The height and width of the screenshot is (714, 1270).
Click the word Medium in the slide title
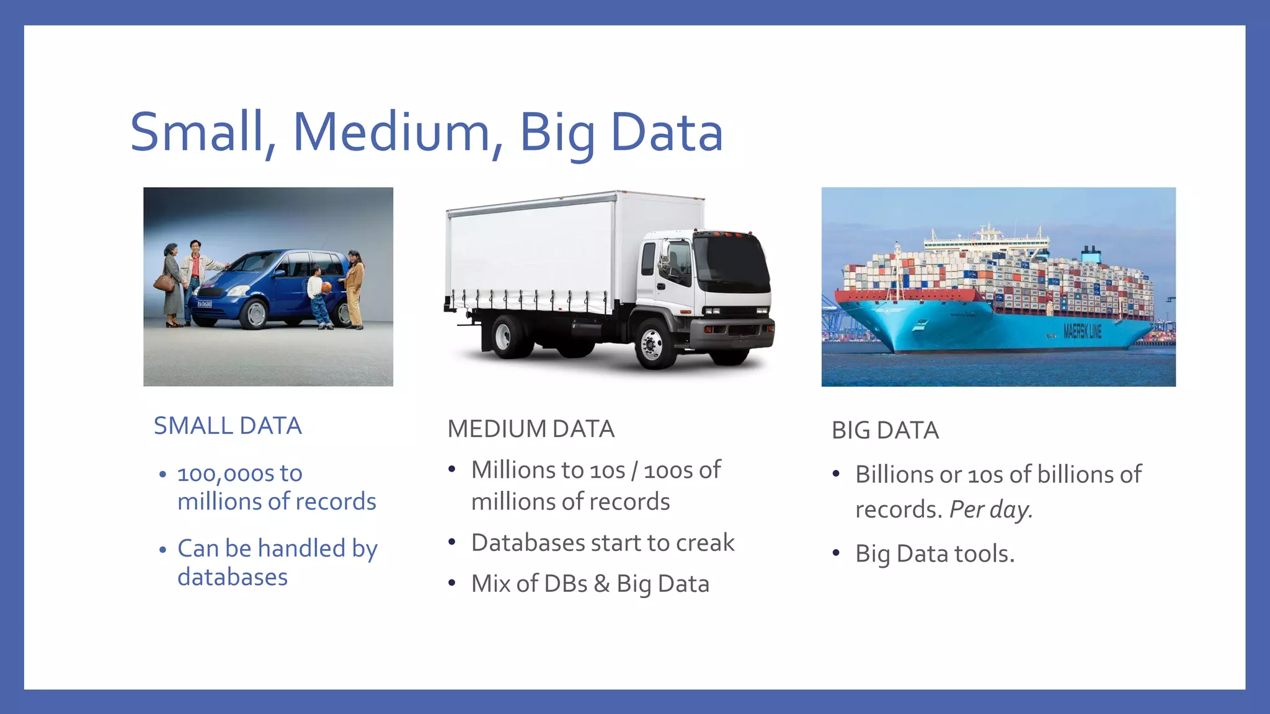391,132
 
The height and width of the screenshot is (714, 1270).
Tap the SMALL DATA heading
228,426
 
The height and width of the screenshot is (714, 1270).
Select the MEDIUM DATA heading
531,429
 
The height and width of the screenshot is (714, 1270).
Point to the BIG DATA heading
885,430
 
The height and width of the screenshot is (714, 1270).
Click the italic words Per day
990,509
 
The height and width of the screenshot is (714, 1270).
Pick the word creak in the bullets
705,543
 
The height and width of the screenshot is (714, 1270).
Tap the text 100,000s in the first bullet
226,474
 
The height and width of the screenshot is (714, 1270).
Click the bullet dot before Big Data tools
836,553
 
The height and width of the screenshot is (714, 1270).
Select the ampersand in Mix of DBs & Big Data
602,584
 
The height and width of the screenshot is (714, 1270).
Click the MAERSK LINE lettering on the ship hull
1082,332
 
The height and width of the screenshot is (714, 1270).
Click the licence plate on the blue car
204,304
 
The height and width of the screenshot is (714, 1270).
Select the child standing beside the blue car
317,295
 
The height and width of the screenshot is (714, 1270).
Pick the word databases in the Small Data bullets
233,577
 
